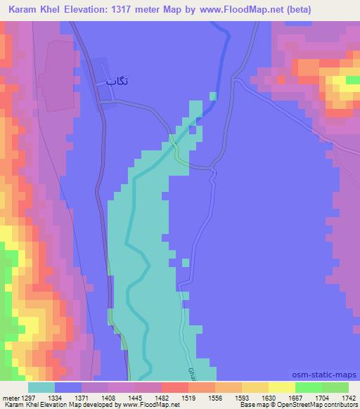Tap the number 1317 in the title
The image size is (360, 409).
[136, 10]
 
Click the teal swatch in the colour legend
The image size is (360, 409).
[41, 387]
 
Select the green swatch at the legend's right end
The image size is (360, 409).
[335, 387]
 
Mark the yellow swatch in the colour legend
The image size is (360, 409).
[282, 387]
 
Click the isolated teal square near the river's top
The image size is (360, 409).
[213, 96]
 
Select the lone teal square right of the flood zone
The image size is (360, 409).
[186, 263]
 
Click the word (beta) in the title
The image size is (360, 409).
[295, 10]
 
